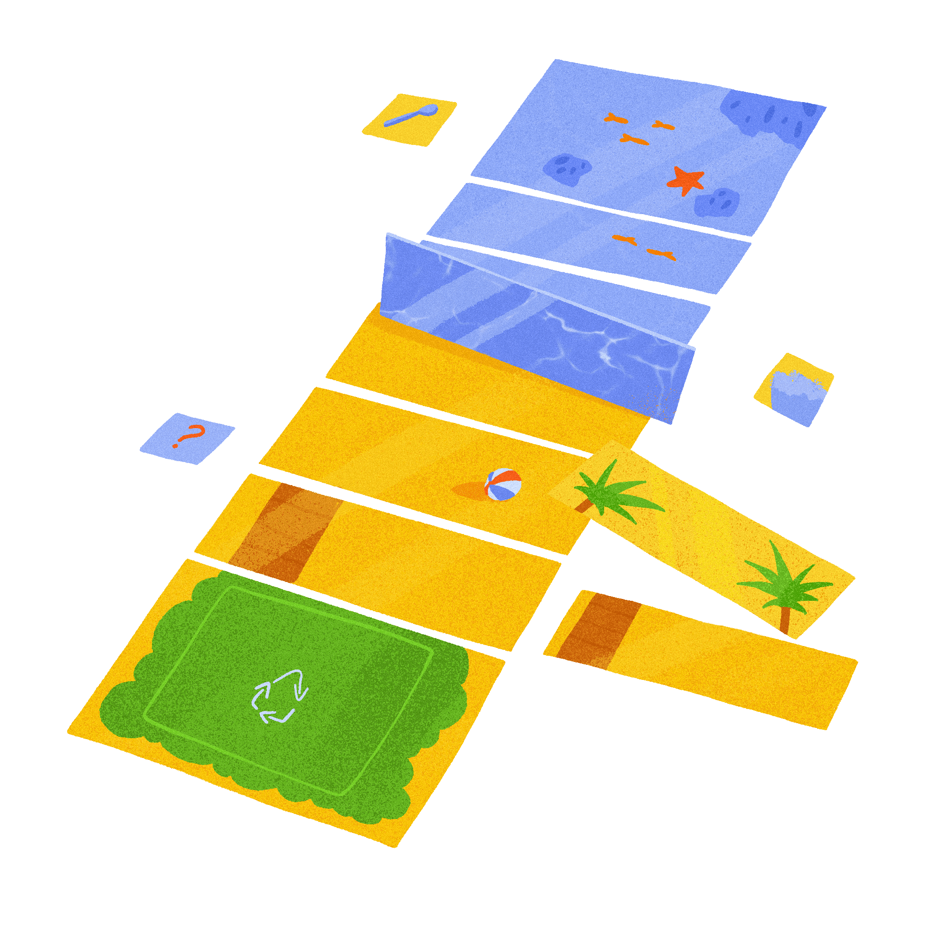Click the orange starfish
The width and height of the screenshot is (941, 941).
(x=686, y=180)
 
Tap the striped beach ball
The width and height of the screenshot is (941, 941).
(x=503, y=484)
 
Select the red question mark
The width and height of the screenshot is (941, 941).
(x=189, y=435)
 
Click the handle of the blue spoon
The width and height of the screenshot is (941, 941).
(x=402, y=119)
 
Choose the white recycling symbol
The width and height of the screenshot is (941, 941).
(x=279, y=695)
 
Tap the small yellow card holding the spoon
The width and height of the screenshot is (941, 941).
(x=410, y=120)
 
